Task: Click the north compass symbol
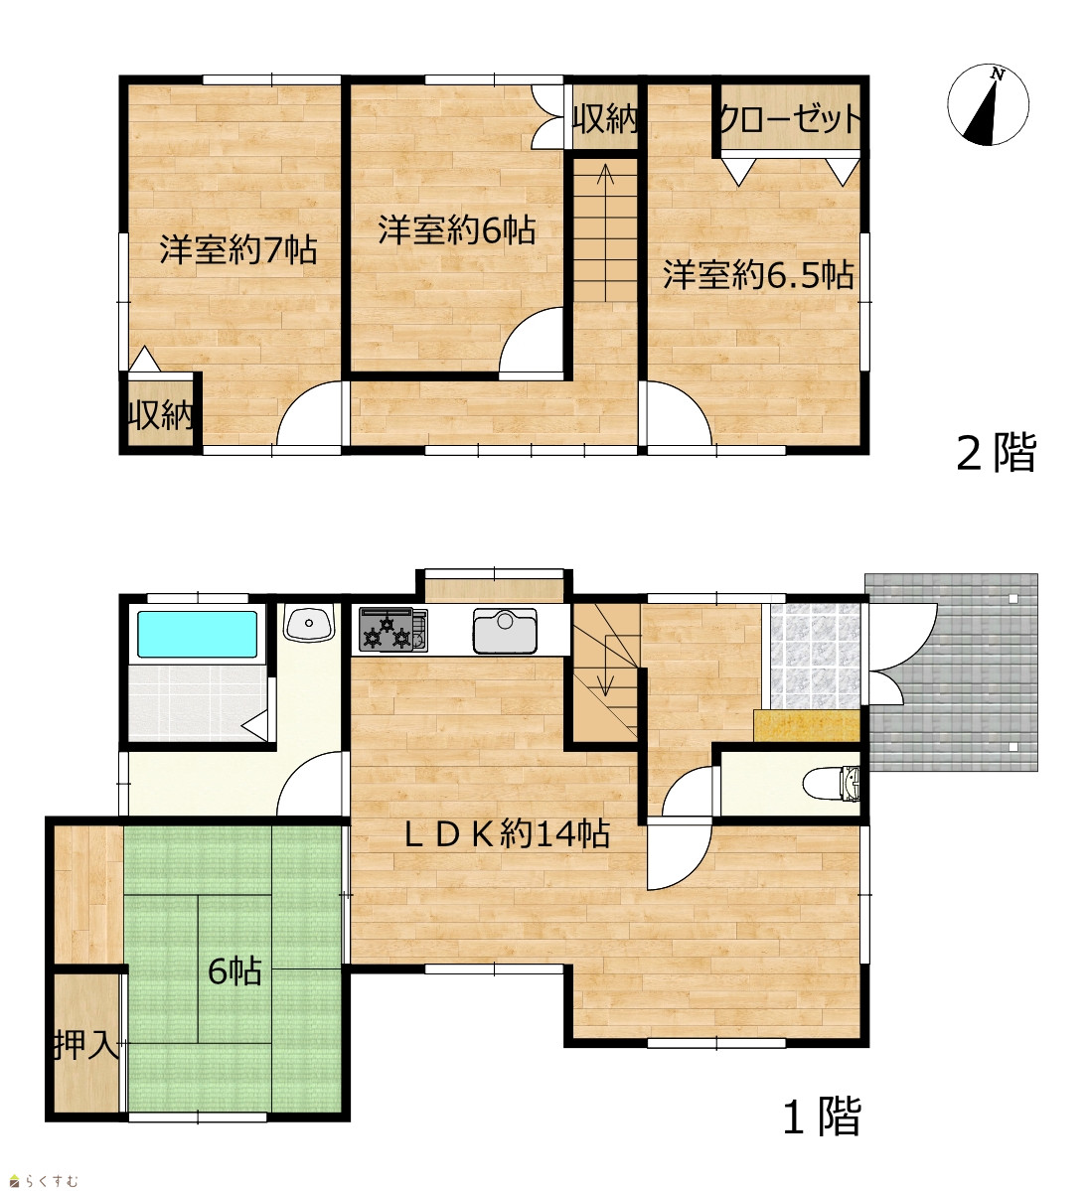(988, 104)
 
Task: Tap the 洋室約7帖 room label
(237, 249)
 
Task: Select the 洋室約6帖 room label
(457, 230)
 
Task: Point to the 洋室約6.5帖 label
(758, 274)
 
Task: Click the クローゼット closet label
(790, 118)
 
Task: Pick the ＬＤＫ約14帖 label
(506, 834)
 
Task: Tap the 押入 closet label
(85, 1046)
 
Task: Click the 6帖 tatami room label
(234, 970)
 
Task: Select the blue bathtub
(197, 634)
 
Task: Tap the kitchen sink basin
(506, 631)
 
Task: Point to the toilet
(831, 783)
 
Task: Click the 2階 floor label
(996, 454)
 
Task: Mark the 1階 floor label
(823, 1117)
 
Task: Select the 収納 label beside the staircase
(605, 118)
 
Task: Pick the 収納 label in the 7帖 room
(160, 415)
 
